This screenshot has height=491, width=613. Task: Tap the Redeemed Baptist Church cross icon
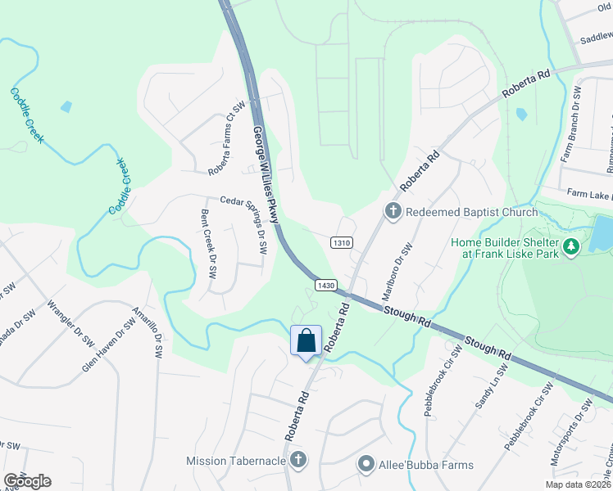coord(393,212)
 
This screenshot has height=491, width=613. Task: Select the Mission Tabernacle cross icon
coord(298,460)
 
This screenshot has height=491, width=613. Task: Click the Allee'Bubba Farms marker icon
coord(366,465)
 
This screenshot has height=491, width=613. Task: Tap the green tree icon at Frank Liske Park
coord(571,245)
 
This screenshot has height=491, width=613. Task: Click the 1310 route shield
coord(342,243)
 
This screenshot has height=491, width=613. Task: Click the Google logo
coord(27,481)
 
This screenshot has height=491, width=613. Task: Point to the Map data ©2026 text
coord(579,484)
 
